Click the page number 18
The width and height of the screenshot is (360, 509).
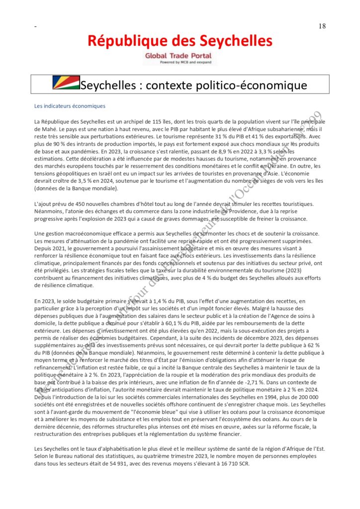[322, 26]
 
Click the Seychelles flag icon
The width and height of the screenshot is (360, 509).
[66, 83]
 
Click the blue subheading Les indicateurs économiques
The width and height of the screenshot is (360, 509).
[70, 106]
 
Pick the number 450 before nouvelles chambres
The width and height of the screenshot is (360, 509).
[80, 204]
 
